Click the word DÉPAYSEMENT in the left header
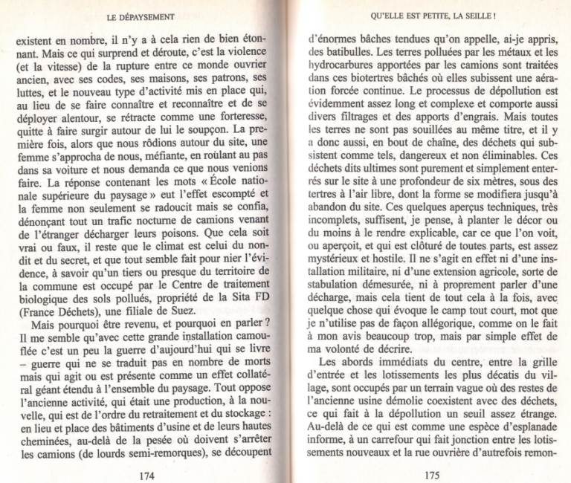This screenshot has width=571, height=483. click(x=146, y=15)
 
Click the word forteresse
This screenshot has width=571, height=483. click(x=239, y=121)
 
